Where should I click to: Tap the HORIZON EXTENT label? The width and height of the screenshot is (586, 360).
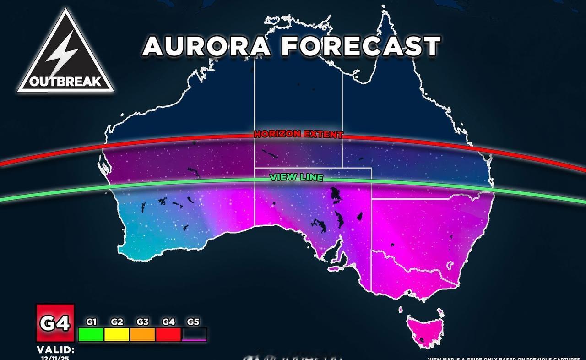(x=298, y=134)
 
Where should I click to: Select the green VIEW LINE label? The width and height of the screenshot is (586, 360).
(x=297, y=177)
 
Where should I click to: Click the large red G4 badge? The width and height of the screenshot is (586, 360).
(x=55, y=323)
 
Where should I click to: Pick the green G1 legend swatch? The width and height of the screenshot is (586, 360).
(x=91, y=334)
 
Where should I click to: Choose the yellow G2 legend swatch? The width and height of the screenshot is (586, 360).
(x=117, y=334)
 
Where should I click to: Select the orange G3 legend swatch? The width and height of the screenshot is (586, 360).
(x=143, y=334)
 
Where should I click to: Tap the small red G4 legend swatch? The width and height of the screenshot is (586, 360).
(x=168, y=334)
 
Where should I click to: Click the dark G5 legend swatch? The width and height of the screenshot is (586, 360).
(x=194, y=334)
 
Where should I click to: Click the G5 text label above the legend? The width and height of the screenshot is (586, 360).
(x=194, y=322)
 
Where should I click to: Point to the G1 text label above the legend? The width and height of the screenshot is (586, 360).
(x=91, y=322)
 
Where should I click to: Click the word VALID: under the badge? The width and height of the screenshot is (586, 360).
(x=55, y=349)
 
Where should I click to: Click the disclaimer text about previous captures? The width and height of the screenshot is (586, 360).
(x=506, y=358)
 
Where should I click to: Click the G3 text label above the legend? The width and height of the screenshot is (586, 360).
(x=142, y=322)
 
